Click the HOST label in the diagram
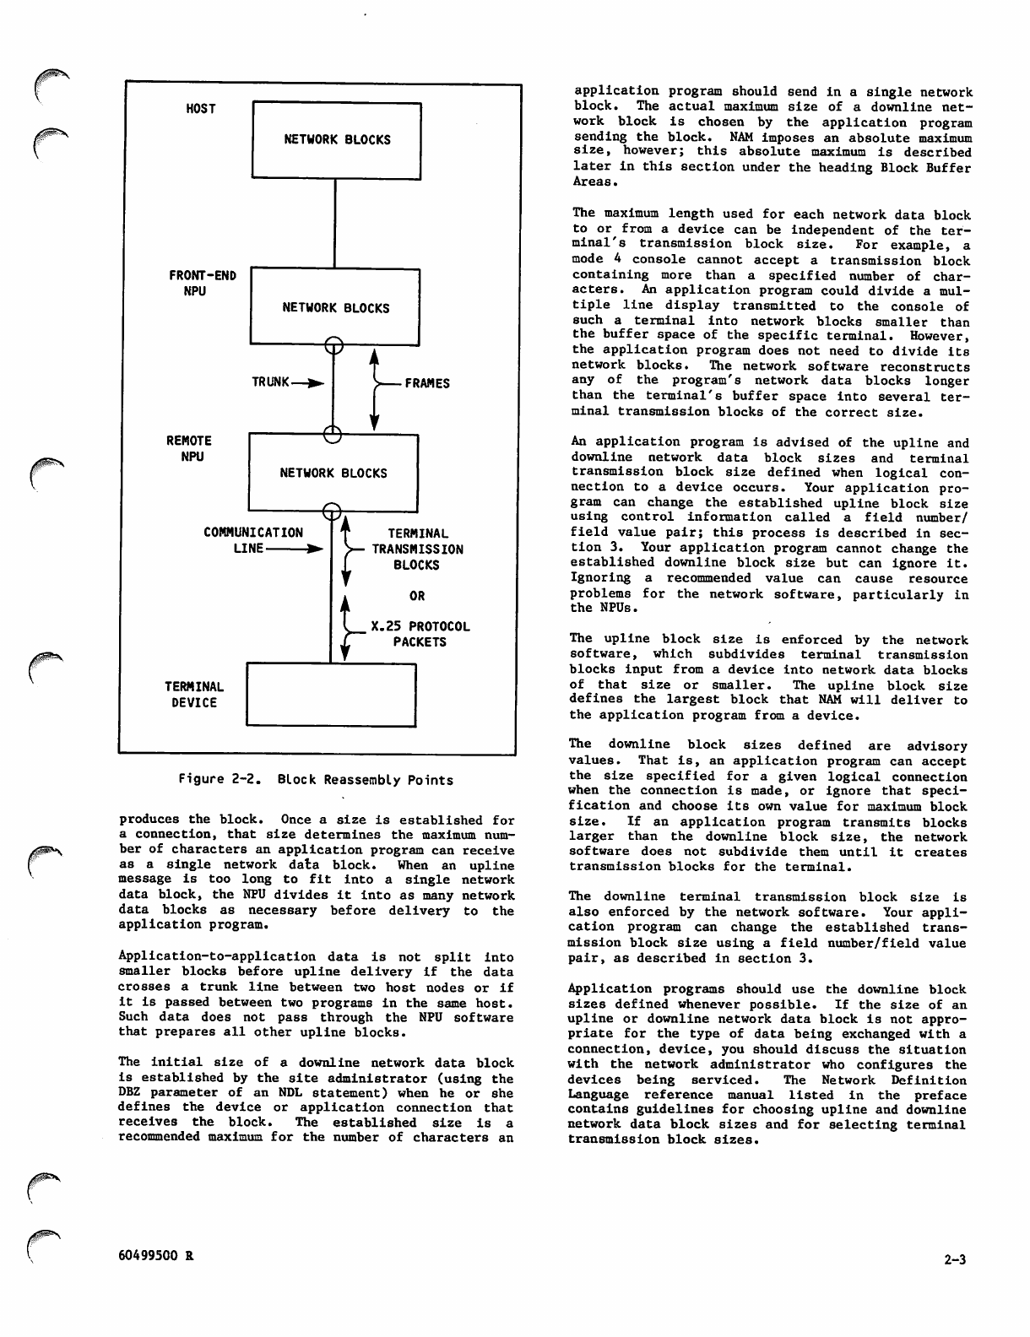(201, 109)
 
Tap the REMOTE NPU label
(189, 449)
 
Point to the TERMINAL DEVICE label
(193, 695)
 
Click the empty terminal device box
(331, 695)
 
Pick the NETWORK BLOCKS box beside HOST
(337, 140)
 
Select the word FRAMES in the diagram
(427, 383)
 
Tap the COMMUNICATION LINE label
(252, 540)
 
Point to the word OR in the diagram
(417, 596)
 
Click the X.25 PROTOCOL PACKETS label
(420, 634)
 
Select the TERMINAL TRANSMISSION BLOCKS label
(417, 549)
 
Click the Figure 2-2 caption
(316, 780)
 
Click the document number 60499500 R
(156, 1254)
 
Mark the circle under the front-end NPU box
(334, 344)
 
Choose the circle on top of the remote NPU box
(333, 435)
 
